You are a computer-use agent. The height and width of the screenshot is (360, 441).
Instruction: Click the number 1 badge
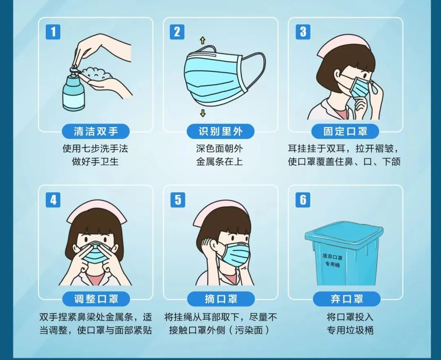click(x=53, y=32)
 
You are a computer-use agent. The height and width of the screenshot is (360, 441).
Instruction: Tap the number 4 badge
click(x=53, y=200)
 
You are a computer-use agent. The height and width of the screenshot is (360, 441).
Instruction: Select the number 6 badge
click(x=303, y=200)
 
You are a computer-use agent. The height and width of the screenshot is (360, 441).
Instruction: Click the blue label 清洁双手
click(x=96, y=131)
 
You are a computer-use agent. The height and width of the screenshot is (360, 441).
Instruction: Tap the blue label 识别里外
click(x=220, y=131)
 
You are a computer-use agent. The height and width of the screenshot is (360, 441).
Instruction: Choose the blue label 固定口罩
click(x=345, y=131)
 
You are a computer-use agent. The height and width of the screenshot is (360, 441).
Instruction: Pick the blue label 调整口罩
click(x=96, y=299)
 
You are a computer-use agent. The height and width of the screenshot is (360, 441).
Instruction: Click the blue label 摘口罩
click(x=221, y=299)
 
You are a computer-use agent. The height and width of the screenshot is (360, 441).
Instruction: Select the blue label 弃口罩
click(x=347, y=299)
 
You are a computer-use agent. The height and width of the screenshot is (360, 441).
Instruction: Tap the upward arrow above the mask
click(x=203, y=40)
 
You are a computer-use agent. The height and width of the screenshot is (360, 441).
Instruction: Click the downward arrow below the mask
click(x=203, y=113)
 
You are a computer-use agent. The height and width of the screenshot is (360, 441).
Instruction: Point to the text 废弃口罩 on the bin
click(x=332, y=257)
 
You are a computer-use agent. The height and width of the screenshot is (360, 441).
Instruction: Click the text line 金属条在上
click(x=219, y=162)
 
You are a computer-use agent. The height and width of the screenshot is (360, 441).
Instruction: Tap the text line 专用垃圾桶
click(x=350, y=330)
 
